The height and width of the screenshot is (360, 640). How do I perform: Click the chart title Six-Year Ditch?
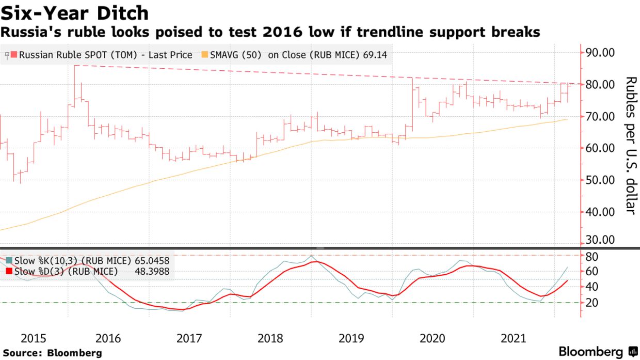[75, 13]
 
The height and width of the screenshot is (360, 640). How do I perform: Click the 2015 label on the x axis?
[34, 338]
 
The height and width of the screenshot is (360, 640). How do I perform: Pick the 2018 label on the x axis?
[270, 338]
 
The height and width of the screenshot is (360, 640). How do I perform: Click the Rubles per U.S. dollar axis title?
[630, 145]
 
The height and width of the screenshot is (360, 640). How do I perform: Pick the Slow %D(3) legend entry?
[62, 271]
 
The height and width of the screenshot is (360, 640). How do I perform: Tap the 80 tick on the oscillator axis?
[591, 257]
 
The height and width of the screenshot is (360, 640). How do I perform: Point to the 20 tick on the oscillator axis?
[591, 303]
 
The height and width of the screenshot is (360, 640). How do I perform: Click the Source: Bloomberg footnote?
[51, 353]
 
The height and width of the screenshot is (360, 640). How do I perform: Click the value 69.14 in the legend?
[375, 55]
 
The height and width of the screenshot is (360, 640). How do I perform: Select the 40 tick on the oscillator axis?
[591, 287]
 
